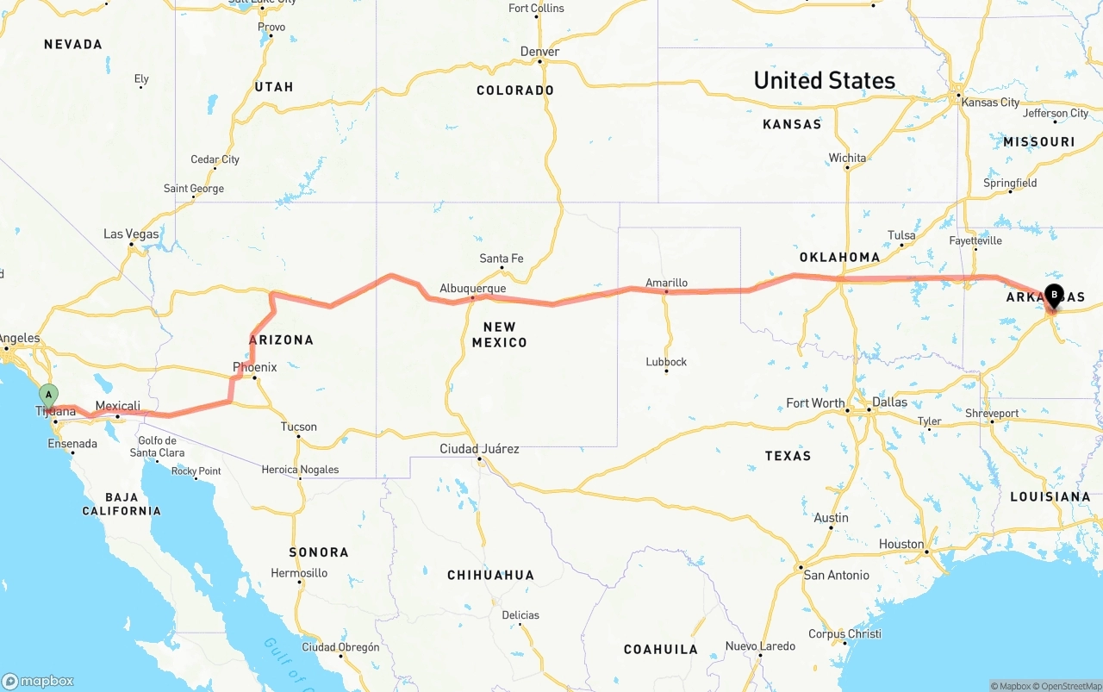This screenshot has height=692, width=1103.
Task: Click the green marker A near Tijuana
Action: [x=49, y=396]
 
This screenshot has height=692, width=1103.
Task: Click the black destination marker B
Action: [x=1053, y=296]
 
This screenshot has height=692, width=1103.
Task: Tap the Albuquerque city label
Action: [x=472, y=288]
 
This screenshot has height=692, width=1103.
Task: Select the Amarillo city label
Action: [x=666, y=282]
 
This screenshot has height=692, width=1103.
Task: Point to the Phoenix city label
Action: [x=254, y=367]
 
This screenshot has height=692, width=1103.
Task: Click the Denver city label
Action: [x=539, y=52]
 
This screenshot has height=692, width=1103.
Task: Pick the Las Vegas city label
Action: [x=131, y=234]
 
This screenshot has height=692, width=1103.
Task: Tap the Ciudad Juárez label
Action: [x=479, y=448]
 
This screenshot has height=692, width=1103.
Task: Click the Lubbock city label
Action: [x=666, y=361]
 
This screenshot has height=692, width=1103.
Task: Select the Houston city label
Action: [x=901, y=544]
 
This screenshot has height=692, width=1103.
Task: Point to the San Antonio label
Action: [x=836, y=574]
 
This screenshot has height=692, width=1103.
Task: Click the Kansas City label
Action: [x=990, y=102]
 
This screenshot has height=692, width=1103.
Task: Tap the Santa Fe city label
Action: [x=501, y=258]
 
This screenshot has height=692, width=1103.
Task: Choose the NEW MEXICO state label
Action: [x=499, y=334]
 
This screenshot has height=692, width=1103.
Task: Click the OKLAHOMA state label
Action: [x=839, y=257]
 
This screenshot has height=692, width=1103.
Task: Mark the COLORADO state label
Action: [x=514, y=90]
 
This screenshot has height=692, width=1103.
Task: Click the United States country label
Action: [x=824, y=80]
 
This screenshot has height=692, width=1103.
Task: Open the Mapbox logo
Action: [x=37, y=681]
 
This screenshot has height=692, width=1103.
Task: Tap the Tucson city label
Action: [x=298, y=427]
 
